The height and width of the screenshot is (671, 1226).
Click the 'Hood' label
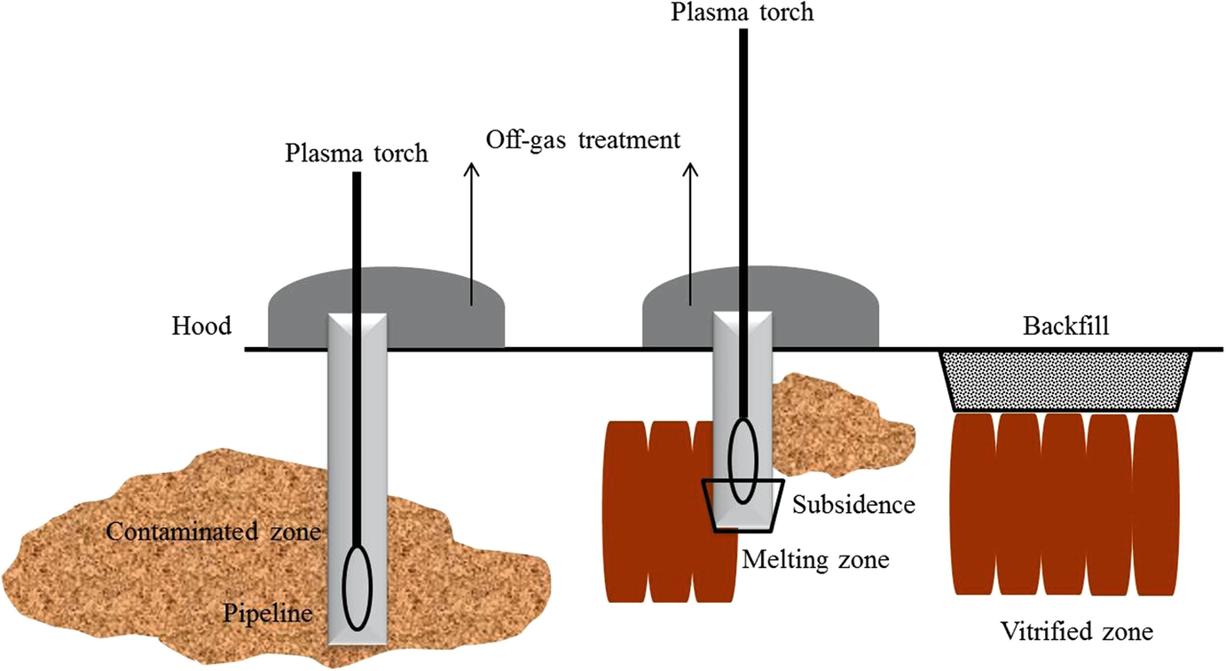[x=201, y=326]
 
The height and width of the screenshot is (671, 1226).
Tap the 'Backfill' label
[x=1065, y=326]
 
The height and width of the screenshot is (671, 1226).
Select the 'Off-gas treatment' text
[x=582, y=140]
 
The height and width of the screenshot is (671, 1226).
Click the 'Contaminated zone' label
[x=213, y=533]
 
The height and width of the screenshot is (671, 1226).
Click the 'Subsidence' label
[x=853, y=505]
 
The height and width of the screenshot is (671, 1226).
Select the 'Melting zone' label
[x=815, y=560]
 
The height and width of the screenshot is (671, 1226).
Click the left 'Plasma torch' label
[x=356, y=153]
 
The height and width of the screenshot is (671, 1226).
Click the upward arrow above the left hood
[x=471, y=231]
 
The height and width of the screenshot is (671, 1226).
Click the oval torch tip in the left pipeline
[x=358, y=588]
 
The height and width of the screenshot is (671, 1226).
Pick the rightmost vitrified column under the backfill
[x=1158, y=504]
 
